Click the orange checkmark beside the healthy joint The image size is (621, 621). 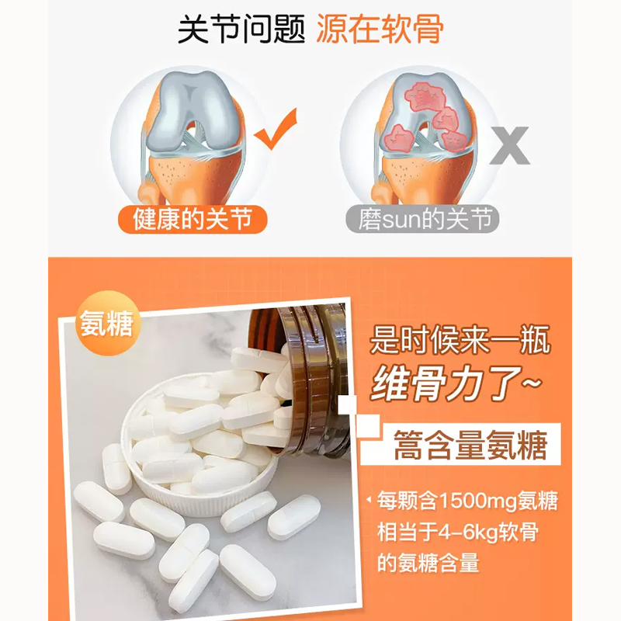276,130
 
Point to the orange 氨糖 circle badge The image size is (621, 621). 106,326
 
